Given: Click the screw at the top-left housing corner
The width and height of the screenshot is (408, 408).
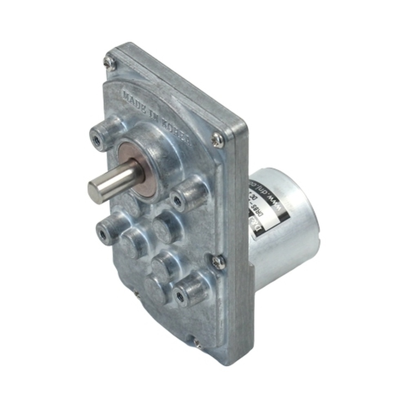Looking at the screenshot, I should tap(109, 62).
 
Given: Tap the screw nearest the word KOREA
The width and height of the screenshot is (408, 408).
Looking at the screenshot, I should tap(217, 140).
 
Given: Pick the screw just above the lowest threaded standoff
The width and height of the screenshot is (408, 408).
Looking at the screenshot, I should tap(219, 262).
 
